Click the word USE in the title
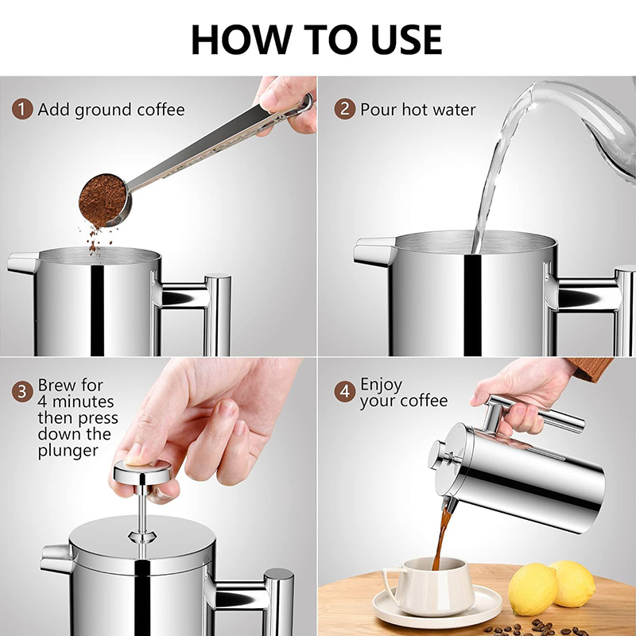click(x=406, y=39)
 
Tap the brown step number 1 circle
click(x=22, y=109)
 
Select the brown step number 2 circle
click(x=345, y=109)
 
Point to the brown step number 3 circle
click(x=22, y=392)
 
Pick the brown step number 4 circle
click(x=345, y=392)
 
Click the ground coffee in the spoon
click(x=103, y=200)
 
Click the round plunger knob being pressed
click(x=143, y=471)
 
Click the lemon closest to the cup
click(x=532, y=589)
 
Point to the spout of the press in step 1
click(x=24, y=263)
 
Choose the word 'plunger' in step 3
click(x=68, y=451)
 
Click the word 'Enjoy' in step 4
click(x=382, y=385)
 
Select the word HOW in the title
click(x=242, y=39)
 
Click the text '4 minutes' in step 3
click(x=76, y=401)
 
